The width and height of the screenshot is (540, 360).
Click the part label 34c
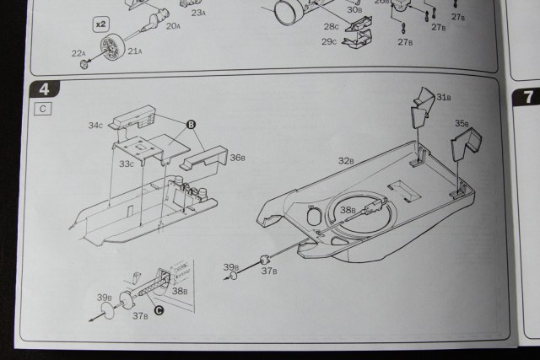point(95,126)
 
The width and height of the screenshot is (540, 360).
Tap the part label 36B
point(237,158)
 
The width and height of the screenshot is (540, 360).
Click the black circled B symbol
point(192,125)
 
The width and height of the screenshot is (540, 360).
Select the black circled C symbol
point(158,309)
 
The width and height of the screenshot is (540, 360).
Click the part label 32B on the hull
point(345,160)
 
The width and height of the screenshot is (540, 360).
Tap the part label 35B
point(462,123)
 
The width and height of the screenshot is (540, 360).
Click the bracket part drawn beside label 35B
point(462,145)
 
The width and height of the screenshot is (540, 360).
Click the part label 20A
point(173,26)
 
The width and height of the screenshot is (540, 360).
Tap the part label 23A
point(199,13)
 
